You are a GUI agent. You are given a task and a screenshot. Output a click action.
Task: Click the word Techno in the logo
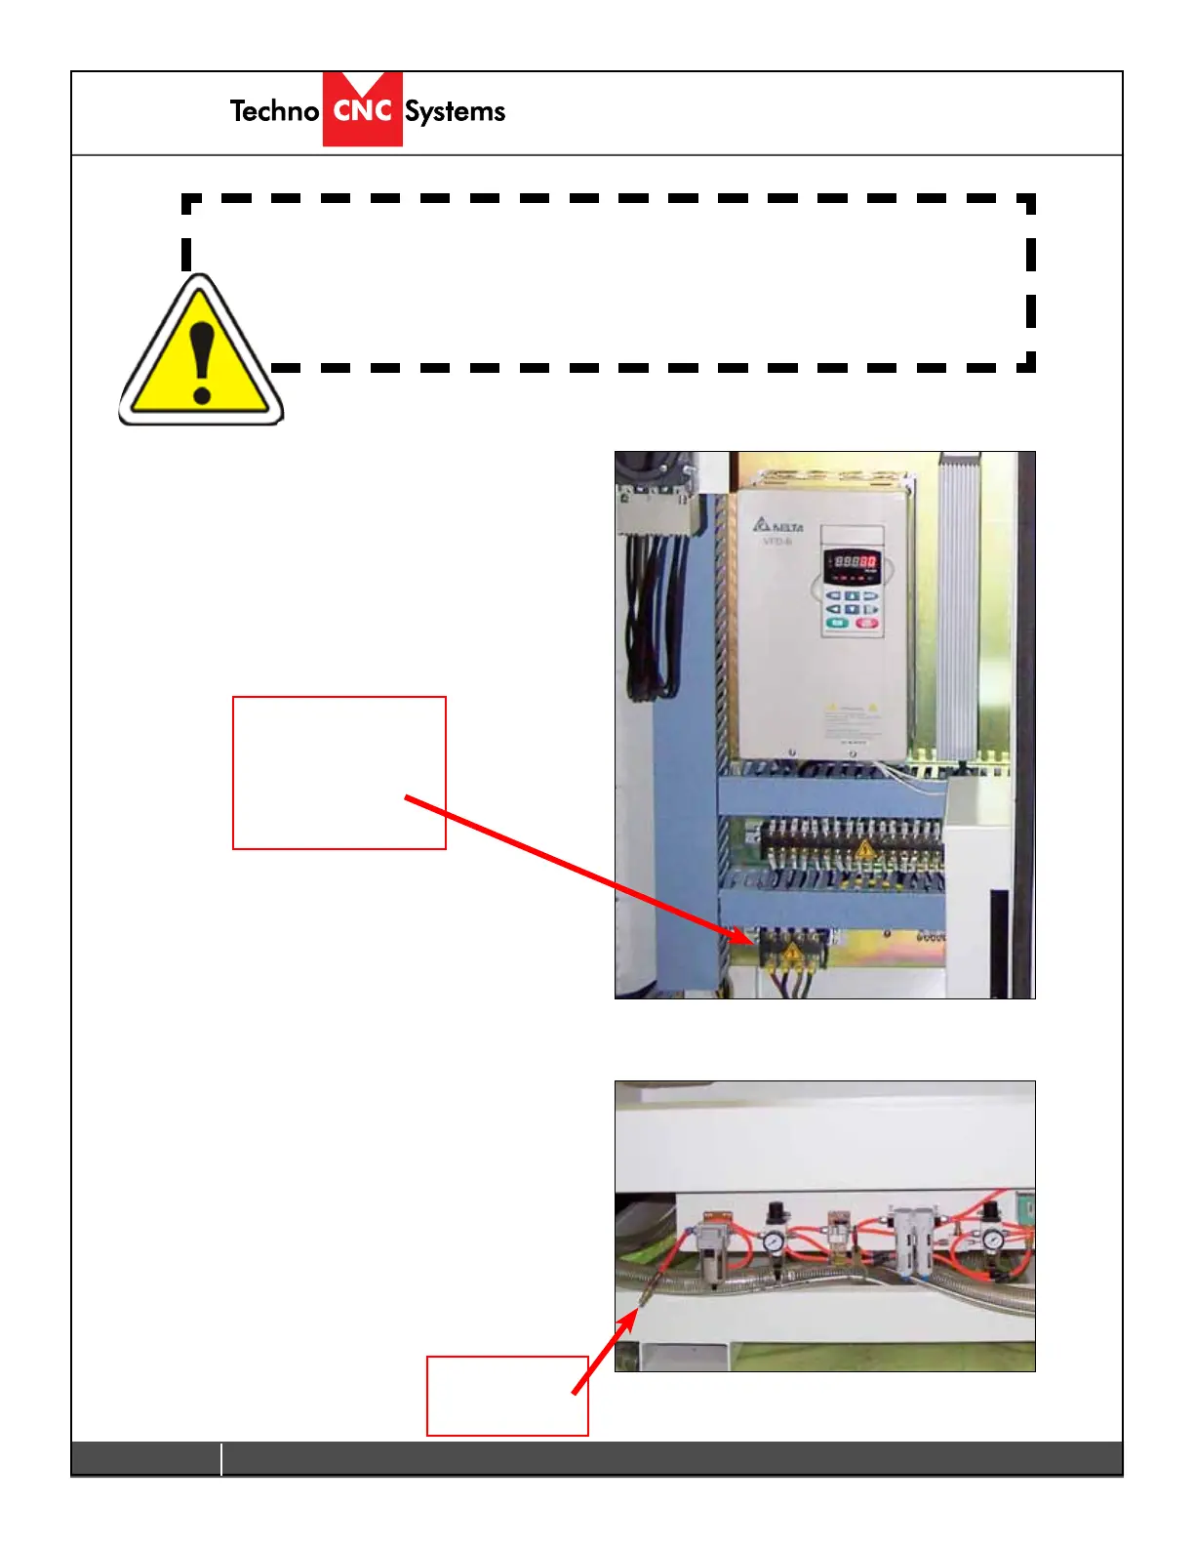274,111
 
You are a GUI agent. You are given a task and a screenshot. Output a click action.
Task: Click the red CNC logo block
363,109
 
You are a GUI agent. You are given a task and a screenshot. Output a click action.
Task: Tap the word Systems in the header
456,112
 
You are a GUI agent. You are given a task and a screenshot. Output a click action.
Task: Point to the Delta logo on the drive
776,525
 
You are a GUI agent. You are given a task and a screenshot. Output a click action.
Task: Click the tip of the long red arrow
751,940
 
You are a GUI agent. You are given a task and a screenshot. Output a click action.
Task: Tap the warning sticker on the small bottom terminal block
792,950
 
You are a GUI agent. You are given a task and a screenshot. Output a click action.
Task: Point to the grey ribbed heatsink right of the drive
958,605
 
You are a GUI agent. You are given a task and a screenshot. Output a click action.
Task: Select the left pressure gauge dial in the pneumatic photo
774,1241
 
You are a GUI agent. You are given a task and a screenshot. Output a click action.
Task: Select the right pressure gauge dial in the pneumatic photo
993,1240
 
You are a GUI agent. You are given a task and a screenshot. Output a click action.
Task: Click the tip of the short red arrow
637,1311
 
